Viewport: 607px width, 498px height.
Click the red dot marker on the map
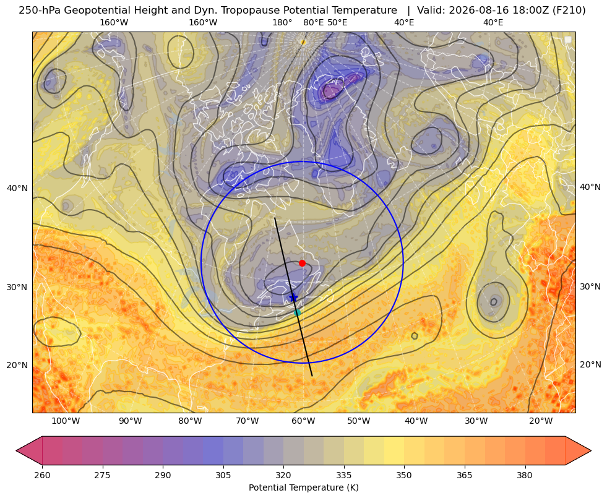click(x=302, y=263)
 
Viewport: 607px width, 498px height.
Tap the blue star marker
click(x=293, y=298)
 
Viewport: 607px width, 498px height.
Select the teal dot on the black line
click(x=297, y=312)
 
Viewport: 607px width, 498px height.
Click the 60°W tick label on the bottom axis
click(x=303, y=421)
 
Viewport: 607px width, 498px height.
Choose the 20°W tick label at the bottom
click(x=541, y=421)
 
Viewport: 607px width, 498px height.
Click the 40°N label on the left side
click(x=17, y=188)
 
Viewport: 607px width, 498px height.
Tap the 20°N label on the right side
click(x=590, y=364)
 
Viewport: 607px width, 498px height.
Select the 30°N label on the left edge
click(x=17, y=287)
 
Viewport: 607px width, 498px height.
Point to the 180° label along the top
click(x=282, y=22)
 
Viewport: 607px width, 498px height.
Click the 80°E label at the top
click(x=314, y=22)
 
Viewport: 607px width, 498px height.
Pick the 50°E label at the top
click(x=338, y=22)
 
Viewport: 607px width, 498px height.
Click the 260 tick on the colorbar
click(x=42, y=475)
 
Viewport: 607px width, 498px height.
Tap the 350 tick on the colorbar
click(x=404, y=475)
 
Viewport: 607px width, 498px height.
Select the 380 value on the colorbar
click(x=525, y=475)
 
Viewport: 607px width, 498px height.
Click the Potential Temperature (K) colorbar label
click(x=303, y=487)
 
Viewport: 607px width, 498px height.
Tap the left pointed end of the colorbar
click(x=17, y=450)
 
